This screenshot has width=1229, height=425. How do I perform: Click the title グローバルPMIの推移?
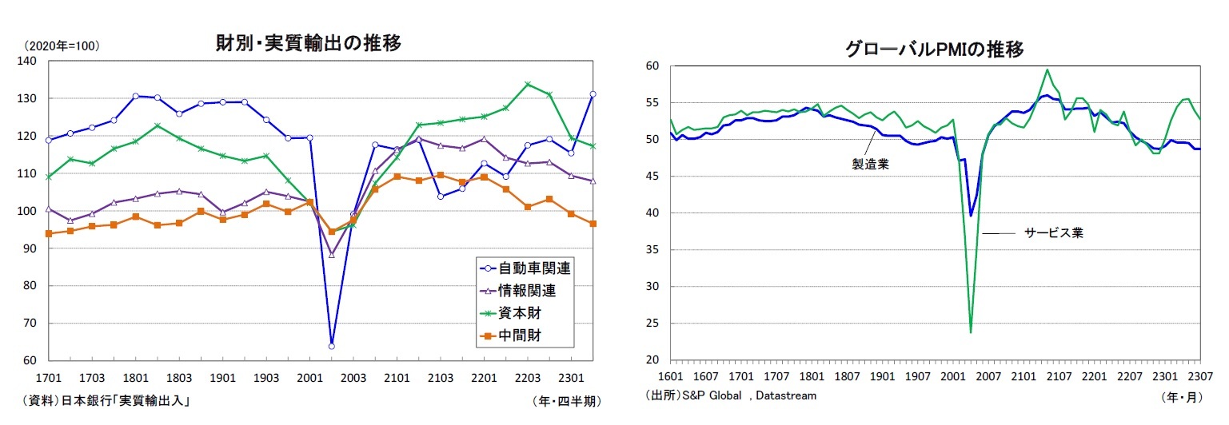[934, 50]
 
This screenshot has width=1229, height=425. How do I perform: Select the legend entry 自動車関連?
[534, 268]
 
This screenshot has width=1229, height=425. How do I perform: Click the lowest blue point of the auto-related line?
[331, 346]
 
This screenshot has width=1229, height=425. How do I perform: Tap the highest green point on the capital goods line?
[527, 84]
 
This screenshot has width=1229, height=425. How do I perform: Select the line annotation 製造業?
[871, 165]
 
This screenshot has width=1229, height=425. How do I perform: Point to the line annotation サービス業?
[1054, 233]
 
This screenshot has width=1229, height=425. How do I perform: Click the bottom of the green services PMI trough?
[971, 332]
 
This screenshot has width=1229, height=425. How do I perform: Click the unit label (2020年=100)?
[62, 46]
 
